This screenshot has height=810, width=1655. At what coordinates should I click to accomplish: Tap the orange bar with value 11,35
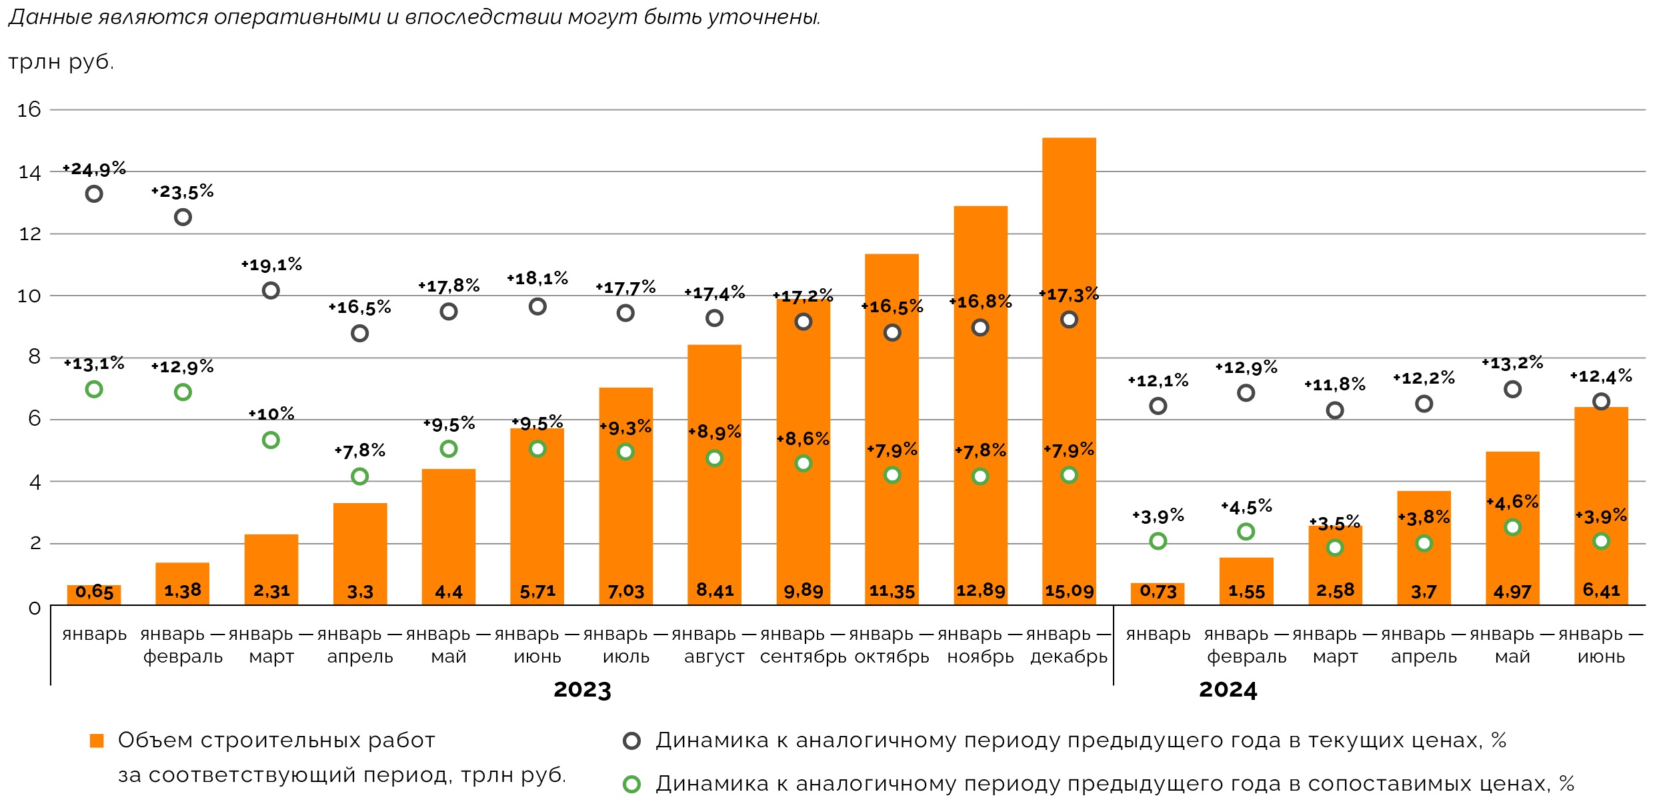[892, 427]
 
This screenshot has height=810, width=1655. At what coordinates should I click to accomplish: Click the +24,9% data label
[95, 169]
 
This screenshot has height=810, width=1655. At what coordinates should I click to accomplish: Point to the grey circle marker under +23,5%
[183, 218]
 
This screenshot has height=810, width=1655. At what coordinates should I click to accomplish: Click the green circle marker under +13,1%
[94, 390]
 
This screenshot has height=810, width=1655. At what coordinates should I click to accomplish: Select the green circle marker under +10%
[271, 440]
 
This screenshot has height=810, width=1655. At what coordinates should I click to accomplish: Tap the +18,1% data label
[537, 278]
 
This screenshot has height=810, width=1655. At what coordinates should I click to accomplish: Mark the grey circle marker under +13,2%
[1512, 390]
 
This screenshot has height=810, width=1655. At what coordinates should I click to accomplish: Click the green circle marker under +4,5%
[1246, 532]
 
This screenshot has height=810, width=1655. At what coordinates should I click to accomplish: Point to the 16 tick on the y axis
[29, 109]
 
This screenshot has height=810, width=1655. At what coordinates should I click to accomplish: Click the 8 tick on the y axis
[34, 357]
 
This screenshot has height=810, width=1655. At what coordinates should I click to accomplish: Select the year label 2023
[582, 690]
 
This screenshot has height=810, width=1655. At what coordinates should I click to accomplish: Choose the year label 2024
[1228, 690]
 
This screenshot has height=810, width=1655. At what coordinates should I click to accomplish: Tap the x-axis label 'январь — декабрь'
[1068, 645]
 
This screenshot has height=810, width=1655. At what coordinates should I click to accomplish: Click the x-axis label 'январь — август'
[714, 645]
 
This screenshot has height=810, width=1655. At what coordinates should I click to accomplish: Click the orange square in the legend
[97, 741]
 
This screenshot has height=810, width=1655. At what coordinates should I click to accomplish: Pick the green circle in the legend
[631, 784]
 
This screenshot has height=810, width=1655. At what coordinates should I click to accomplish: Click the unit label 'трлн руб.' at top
[61, 62]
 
